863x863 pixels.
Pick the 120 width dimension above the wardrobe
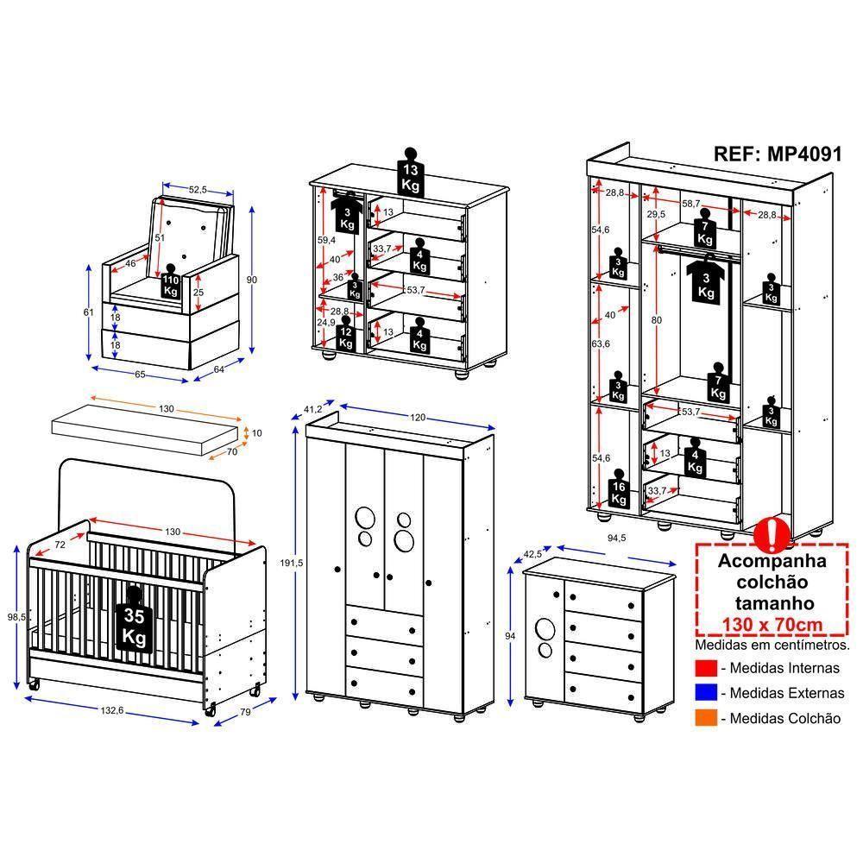[x=418, y=418]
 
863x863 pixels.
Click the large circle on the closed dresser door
[x=545, y=628]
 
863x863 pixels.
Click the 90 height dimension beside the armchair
[x=252, y=279]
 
